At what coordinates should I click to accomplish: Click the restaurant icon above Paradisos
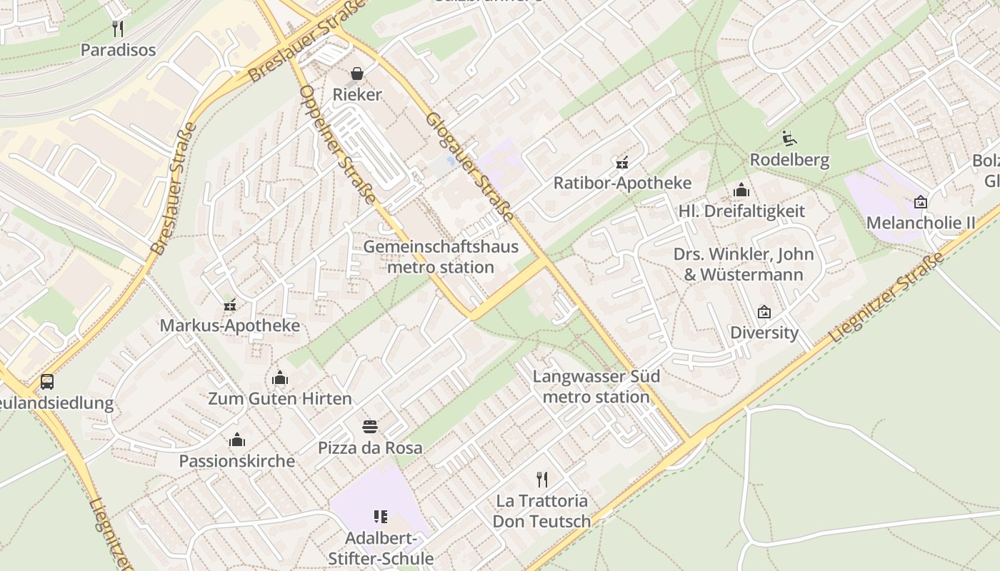119,29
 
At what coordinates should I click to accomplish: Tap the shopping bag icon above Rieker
356,74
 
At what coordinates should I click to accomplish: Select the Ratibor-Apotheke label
622,183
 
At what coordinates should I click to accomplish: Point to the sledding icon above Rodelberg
789,138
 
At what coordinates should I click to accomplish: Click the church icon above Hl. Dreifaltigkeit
741,190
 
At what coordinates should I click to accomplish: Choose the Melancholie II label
920,223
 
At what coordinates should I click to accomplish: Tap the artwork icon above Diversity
764,311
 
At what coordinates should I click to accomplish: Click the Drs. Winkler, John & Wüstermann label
743,264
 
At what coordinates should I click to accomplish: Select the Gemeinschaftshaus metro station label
441,257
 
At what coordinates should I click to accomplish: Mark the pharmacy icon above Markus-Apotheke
229,305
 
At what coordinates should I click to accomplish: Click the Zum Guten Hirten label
280,398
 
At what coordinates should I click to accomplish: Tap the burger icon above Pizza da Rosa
369,427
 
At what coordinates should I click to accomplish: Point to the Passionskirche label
236,460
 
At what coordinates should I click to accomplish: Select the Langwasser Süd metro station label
596,386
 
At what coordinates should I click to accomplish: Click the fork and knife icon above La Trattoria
542,479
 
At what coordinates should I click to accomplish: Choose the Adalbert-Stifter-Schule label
380,547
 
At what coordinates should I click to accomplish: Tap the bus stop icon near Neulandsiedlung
47,382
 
